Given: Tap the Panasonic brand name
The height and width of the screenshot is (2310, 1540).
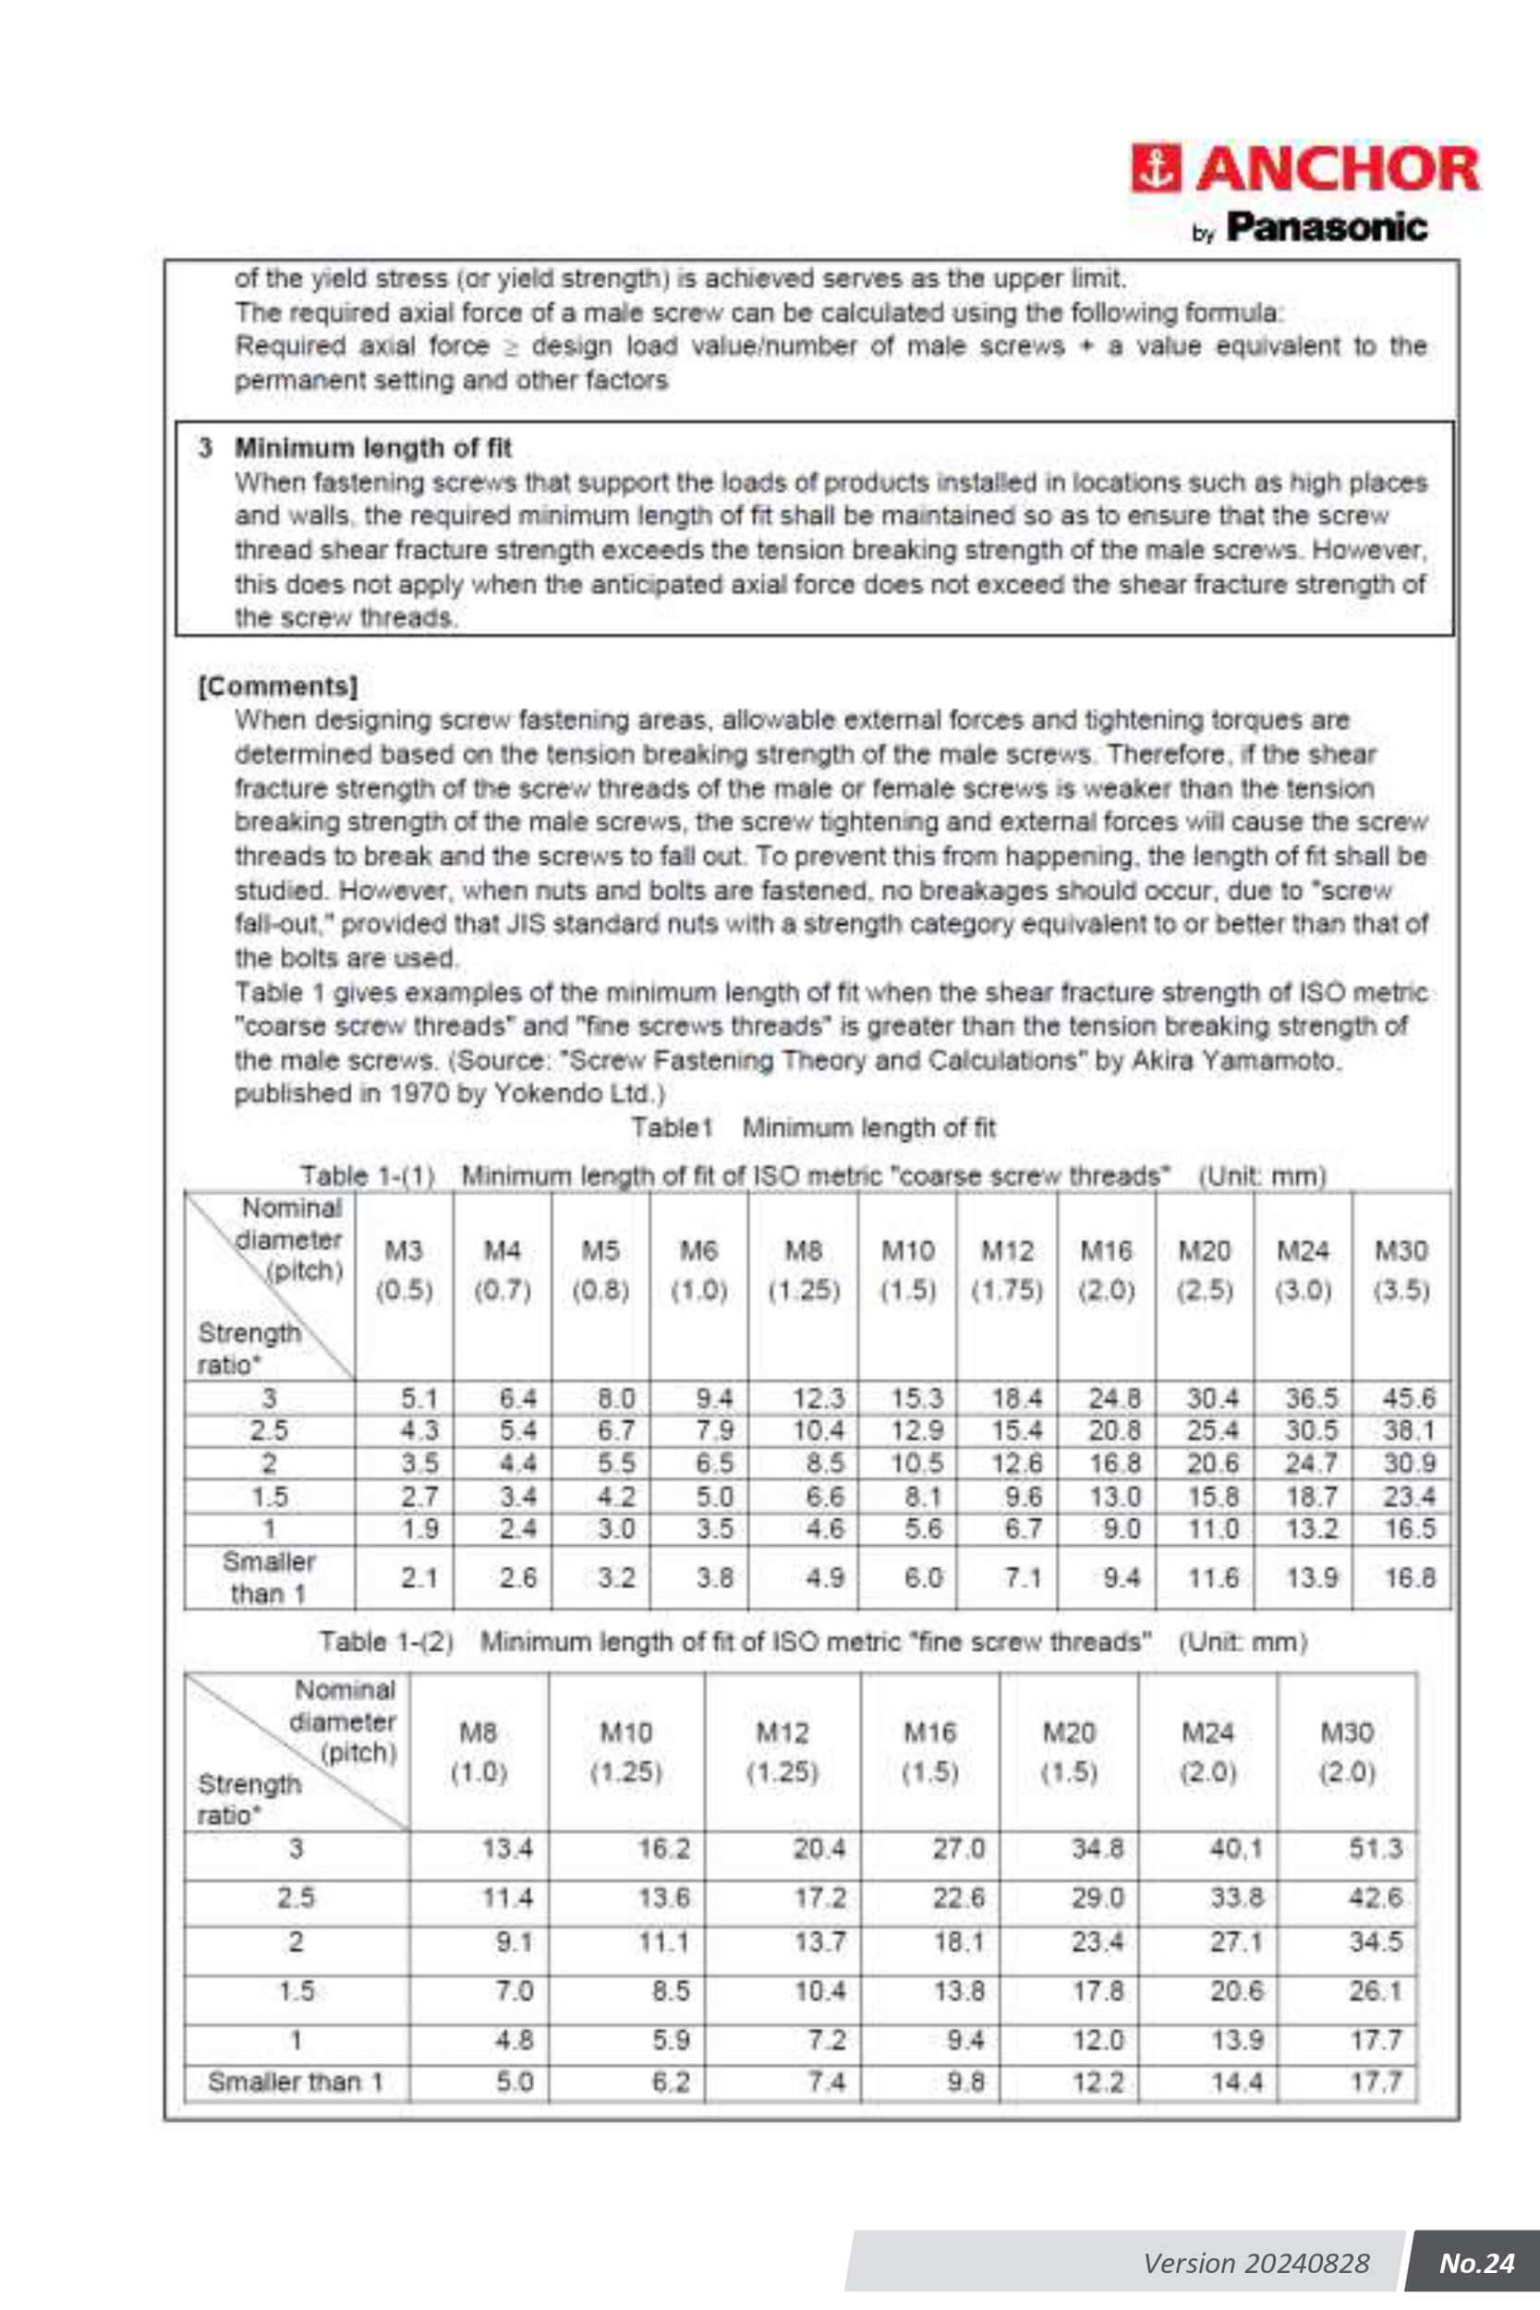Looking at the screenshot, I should [x=1326, y=227].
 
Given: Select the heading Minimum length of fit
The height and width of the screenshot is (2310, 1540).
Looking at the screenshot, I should [x=372, y=448].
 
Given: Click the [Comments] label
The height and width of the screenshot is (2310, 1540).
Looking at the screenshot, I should [x=277, y=686].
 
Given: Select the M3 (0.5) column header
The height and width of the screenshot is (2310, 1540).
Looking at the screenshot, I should [x=404, y=1270].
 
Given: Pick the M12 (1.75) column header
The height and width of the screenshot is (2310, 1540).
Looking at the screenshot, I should [x=1007, y=1270].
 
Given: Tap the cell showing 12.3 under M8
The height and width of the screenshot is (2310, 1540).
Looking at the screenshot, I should [x=819, y=1396].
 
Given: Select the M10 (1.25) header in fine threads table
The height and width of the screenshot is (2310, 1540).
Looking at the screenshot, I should [x=625, y=1752].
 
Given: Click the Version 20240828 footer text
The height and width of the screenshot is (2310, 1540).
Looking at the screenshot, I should [x=1255, y=2263].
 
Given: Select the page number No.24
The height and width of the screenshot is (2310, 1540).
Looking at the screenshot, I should [x=1476, y=2263].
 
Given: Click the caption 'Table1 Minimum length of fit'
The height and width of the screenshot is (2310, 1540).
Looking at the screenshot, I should [x=812, y=1127].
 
